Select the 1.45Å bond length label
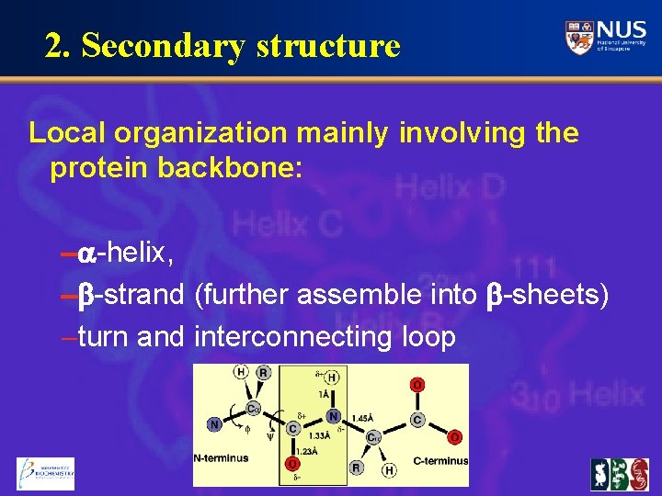click(x=363, y=418)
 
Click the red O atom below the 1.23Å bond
click(x=291, y=464)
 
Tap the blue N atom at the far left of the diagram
click(x=213, y=424)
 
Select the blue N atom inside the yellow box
click(x=334, y=416)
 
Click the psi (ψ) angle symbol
click(x=269, y=438)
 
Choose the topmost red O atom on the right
click(x=418, y=386)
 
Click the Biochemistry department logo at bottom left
click(x=46, y=473)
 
